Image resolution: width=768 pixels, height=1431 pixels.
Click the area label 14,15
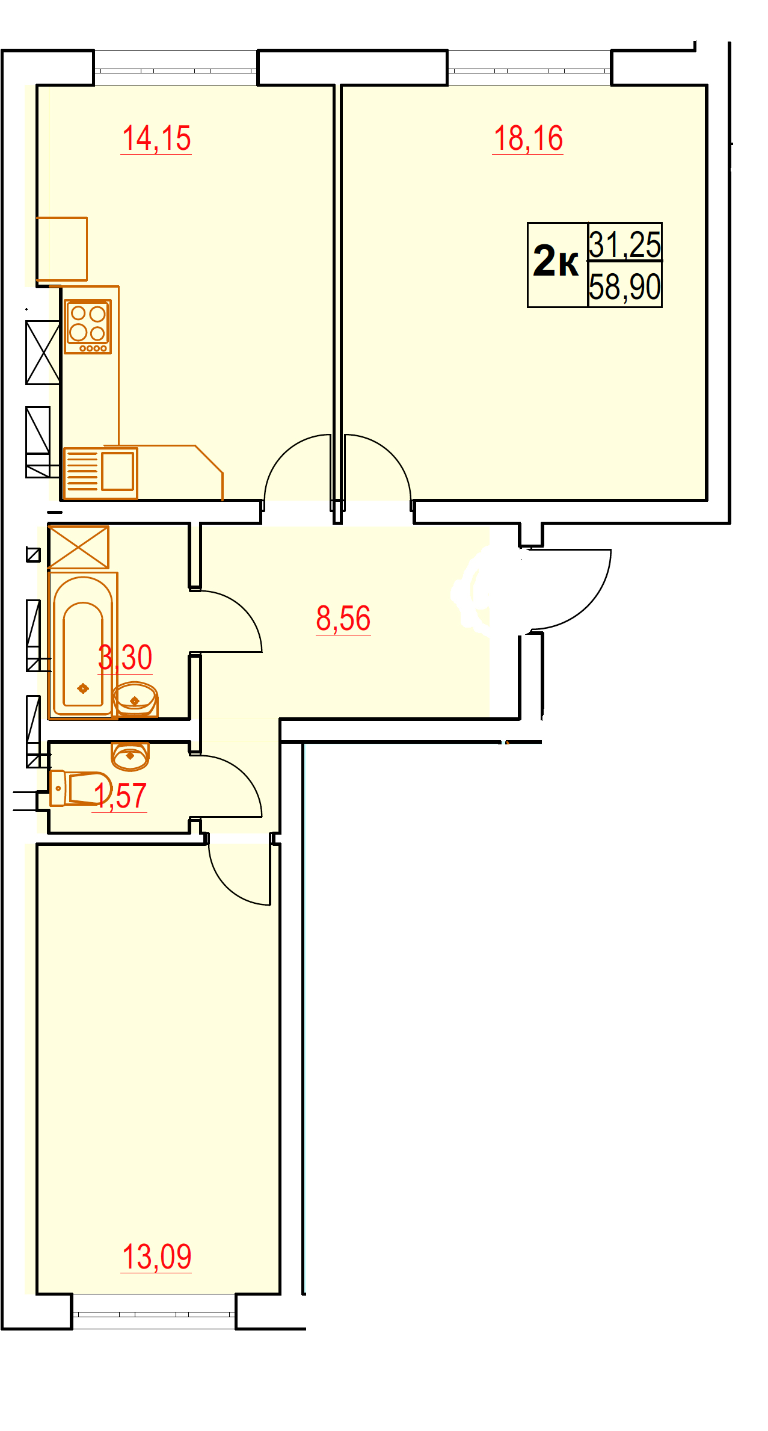click(156, 139)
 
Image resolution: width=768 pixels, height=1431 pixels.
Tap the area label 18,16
click(528, 139)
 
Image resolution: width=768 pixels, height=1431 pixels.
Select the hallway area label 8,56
click(343, 619)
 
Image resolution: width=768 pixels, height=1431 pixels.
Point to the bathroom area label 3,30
click(125, 657)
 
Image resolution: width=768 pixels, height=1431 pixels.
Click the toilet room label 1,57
click(120, 796)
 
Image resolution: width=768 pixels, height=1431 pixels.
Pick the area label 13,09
click(156, 1256)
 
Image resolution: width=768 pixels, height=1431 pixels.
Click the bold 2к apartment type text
click(556, 262)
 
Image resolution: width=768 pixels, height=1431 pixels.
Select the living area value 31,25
click(625, 244)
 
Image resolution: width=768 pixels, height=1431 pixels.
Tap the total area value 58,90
click(625, 286)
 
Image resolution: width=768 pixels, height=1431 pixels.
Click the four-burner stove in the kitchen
click(88, 327)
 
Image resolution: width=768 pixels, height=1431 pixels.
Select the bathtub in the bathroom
click(83, 645)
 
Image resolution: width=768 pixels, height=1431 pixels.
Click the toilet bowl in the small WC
click(80, 788)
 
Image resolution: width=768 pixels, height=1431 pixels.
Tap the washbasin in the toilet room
click(130, 756)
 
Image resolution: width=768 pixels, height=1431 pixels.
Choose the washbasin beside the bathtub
click(135, 699)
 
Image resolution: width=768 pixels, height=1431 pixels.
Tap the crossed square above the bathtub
click(78, 547)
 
